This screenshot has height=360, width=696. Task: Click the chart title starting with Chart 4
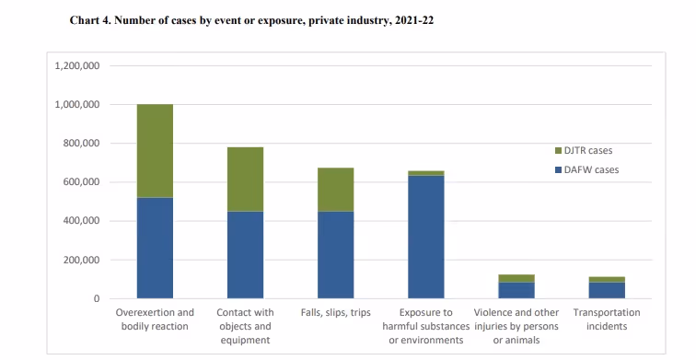(251, 20)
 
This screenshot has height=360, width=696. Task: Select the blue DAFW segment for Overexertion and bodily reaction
(155, 248)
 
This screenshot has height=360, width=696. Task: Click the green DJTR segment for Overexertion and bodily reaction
(155, 151)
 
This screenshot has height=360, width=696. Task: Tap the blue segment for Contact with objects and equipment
(245, 255)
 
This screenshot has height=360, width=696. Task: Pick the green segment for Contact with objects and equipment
(245, 179)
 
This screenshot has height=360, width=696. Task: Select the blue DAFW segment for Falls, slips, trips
(335, 255)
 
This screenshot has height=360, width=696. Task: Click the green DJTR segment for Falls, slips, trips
(335, 190)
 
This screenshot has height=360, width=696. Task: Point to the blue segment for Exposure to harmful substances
(425, 237)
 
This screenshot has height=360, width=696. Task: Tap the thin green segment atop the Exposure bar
(425, 173)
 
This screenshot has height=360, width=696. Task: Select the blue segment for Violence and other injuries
(516, 290)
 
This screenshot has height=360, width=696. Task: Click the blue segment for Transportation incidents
(607, 290)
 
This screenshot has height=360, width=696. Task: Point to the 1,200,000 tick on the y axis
(78, 66)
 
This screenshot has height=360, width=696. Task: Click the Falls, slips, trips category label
(335, 313)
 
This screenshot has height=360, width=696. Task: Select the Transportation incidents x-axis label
(607, 319)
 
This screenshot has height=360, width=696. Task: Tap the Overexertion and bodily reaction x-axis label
(155, 319)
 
